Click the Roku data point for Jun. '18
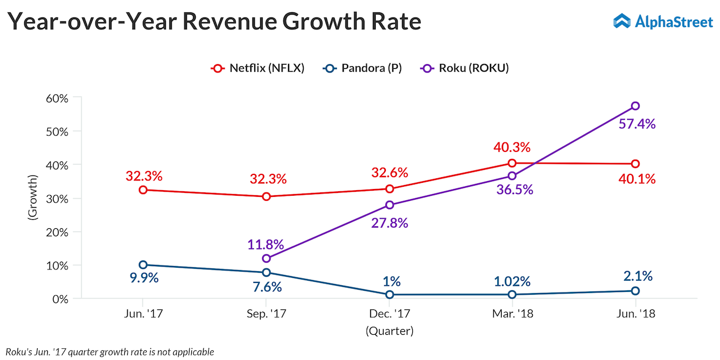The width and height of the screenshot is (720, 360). (635, 106)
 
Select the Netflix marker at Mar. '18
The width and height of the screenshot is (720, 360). (512, 163)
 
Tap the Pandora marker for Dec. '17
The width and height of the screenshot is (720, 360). (389, 294)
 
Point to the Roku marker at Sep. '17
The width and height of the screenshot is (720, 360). (266, 258)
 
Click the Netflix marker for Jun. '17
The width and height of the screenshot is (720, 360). (143, 190)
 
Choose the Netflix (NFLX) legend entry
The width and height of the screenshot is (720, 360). (258, 68)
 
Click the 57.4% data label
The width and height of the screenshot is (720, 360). (637, 124)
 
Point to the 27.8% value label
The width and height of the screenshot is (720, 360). (389, 223)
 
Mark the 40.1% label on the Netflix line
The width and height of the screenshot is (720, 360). (637, 179)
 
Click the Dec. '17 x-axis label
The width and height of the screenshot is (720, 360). (389, 314)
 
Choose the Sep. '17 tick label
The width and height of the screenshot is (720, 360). (266, 314)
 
